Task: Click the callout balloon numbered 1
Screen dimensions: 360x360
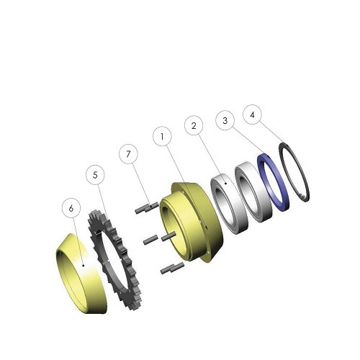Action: point(162,137)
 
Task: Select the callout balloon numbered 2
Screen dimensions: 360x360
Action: point(194,125)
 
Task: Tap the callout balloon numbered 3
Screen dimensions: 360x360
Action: point(225,120)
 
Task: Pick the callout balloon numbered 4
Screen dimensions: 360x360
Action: point(252,115)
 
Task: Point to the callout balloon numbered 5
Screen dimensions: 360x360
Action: point(95,175)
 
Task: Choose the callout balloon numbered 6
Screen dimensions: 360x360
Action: point(71,209)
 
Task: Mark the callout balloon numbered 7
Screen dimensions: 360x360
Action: point(128,154)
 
